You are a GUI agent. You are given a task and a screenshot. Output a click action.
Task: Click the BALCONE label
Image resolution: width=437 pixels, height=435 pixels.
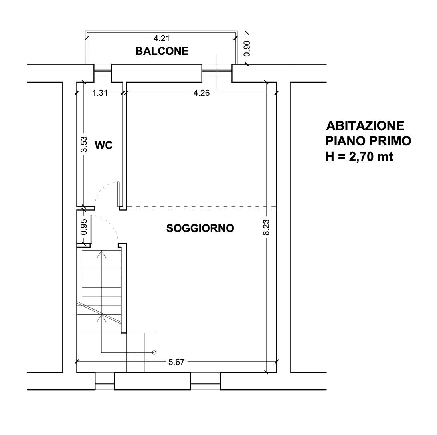click(x=162, y=51)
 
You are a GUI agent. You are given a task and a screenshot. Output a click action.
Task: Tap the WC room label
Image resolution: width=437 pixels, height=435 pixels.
click(x=104, y=145)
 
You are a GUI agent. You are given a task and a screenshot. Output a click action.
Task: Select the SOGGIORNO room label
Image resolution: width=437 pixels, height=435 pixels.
click(x=200, y=228)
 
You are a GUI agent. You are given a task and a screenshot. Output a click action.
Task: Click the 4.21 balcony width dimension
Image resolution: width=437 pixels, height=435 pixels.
click(x=162, y=38)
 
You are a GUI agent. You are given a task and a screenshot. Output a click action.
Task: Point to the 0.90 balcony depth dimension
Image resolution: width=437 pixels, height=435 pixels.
click(x=247, y=49)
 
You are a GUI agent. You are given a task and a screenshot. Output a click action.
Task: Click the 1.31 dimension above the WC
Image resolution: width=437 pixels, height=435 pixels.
click(x=100, y=93)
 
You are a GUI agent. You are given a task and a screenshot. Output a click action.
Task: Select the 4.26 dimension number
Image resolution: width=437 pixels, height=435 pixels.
click(x=202, y=93)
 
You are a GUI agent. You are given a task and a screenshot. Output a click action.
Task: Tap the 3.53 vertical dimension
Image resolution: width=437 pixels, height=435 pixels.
click(x=84, y=144)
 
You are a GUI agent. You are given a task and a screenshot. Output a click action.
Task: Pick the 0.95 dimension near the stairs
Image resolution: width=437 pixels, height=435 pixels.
click(x=84, y=227)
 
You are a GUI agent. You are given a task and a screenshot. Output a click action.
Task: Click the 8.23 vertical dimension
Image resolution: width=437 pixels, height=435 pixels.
click(x=267, y=228)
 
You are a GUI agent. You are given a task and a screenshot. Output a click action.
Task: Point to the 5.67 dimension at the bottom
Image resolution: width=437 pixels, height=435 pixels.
click(x=176, y=362)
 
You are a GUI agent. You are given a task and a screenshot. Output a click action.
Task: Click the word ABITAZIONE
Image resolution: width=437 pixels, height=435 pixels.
click(x=365, y=126)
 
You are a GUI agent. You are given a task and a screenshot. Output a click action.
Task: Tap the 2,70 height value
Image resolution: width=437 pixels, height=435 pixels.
click(x=361, y=157)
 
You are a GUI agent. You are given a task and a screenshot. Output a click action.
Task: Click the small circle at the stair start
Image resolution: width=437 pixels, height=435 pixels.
click(x=154, y=352)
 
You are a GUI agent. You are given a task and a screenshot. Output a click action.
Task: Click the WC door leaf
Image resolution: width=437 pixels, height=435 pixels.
click(x=119, y=194)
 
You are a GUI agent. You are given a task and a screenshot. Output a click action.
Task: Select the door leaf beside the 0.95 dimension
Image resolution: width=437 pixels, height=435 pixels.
click(x=91, y=229)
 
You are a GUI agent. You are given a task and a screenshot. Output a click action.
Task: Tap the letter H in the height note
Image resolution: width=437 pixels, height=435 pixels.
click(x=330, y=157)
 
